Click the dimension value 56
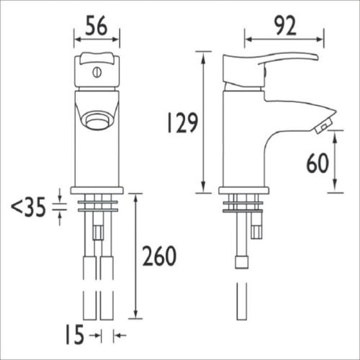(x=96, y=25)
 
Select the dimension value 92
(x=285, y=25)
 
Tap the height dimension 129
(x=182, y=122)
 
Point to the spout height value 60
(x=318, y=163)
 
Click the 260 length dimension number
(x=159, y=256)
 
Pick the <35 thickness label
(x=28, y=207)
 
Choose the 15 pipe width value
(x=75, y=335)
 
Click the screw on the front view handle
(x=97, y=73)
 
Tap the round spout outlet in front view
(x=97, y=121)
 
